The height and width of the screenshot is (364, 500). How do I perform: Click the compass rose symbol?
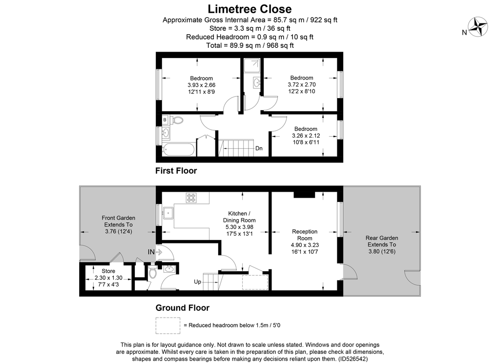(x=478, y=27)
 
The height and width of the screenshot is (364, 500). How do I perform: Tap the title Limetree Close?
(x=250, y=9)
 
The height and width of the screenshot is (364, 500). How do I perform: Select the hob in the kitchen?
(x=191, y=198)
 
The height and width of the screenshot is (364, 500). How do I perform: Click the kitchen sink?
(x=168, y=213)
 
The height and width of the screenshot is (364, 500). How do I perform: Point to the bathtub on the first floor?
(x=178, y=149)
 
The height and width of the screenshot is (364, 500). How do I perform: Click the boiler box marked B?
(x=165, y=120)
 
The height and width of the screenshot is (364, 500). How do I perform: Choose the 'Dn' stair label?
(x=259, y=148)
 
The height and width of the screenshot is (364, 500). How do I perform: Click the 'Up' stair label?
(x=197, y=282)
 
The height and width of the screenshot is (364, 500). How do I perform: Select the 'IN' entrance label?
(x=151, y=252)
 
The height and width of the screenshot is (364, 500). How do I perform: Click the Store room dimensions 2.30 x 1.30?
(x=108, y=278)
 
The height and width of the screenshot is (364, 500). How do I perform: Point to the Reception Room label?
(x=305, y=235)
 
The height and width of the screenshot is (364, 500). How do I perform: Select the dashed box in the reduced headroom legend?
(x=168, y=325)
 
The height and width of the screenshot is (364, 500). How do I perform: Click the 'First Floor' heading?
(x=176, y=171)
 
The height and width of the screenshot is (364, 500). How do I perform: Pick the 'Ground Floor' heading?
(x=183, y=308)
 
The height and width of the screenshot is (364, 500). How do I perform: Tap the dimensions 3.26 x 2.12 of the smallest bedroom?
(x=306, y=136)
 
